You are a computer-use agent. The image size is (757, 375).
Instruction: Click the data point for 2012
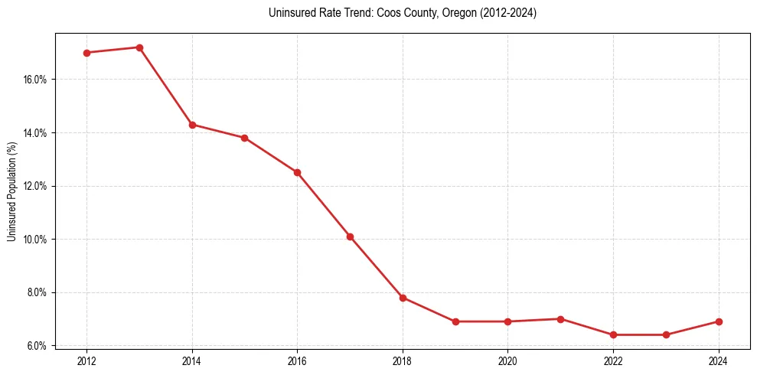point(86,53)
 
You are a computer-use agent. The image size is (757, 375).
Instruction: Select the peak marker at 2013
point(139,47)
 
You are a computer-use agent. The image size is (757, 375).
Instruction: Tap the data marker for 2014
point(192,125)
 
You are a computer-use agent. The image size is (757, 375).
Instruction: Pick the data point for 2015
point(244,138)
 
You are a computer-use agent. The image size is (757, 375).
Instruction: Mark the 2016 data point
point(297,172)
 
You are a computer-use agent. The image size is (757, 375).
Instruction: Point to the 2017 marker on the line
point(350,236)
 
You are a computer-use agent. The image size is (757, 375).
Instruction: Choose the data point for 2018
point(403,298)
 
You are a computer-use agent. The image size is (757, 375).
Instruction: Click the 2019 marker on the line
point(455,321)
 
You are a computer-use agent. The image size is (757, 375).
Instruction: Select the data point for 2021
point(560,319)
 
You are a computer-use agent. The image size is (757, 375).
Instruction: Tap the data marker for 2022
point(613,334)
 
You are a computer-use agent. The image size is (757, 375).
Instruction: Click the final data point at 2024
point(718,321)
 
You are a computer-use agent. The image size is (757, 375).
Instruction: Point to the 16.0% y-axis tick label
point(36,80)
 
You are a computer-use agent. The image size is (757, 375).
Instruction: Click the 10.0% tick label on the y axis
point(36,240)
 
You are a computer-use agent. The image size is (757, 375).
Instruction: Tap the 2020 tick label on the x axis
point(507,360)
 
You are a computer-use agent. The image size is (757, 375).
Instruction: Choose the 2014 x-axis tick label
point(192,360)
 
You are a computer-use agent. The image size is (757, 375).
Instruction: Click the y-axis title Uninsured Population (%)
point(11,191)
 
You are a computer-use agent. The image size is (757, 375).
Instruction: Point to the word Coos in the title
point(379,13)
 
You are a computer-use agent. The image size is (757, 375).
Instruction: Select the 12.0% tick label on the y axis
point(36,186)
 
